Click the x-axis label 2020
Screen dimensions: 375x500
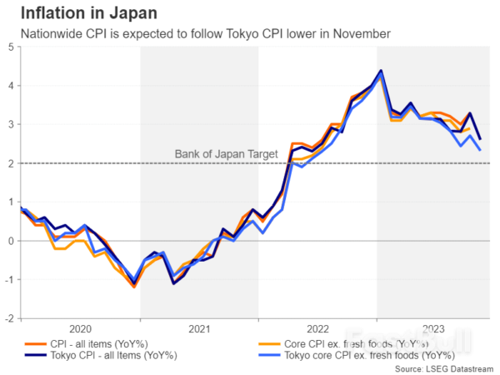pos(81,328)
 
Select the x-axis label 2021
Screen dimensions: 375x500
pos(198,328)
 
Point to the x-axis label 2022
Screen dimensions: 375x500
pos(317,328)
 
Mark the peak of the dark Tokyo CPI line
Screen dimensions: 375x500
pos(380,71)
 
